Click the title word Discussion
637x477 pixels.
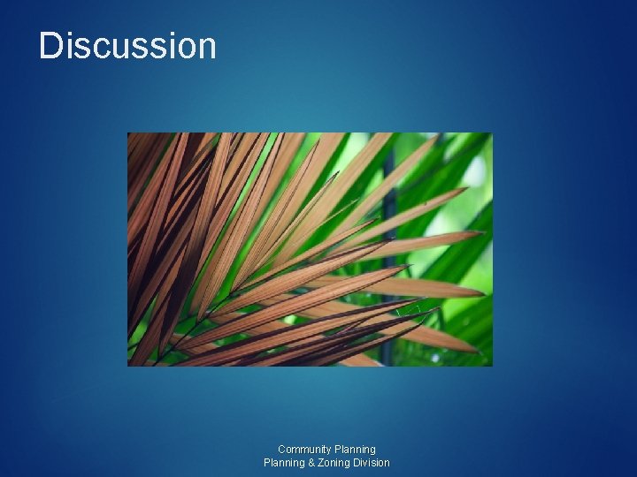tap(127, 46)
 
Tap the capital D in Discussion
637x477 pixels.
tap(50, 46)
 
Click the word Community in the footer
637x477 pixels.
tap(304, 450)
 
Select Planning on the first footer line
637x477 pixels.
tap(355, 450)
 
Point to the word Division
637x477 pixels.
tap(372, 463)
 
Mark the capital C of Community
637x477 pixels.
tap(281, 450)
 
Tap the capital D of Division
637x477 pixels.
tap(357, 463)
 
